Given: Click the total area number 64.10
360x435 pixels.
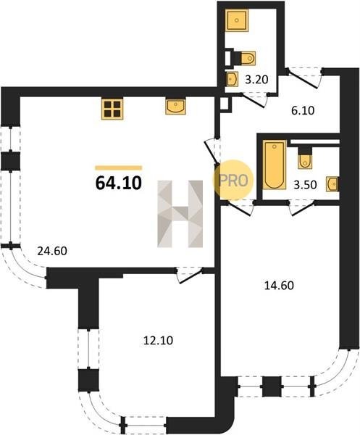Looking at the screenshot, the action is tap(119, 183).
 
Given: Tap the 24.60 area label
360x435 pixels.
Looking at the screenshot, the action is tap(52, 251).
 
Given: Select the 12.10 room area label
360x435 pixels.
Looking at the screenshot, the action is tap(158, 341).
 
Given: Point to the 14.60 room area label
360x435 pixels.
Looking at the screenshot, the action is tap(279, 286).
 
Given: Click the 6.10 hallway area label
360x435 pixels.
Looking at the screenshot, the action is tap(303, 111).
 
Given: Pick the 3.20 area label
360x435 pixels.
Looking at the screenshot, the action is tap(256, 80).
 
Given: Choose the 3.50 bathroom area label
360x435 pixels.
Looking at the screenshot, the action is tap(305, 184).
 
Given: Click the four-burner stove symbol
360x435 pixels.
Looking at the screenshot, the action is tap(112, 109).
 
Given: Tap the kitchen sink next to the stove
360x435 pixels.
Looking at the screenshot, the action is tap(176, 107).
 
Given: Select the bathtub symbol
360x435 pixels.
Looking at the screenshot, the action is tap(275, 165).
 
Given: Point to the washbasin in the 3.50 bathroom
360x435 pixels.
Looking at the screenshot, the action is tap(332, 184).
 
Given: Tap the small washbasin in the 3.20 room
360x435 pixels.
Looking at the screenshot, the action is tap(233, 79).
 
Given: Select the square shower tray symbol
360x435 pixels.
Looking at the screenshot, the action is tap(237, 20).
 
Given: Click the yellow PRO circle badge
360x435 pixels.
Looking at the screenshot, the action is tap(233, 180).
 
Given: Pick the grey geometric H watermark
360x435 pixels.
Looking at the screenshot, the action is tap(180, 214).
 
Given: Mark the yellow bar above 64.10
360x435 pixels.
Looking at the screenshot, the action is tap(119, 167).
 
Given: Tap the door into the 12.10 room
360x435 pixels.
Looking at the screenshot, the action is tap(191, 275).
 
